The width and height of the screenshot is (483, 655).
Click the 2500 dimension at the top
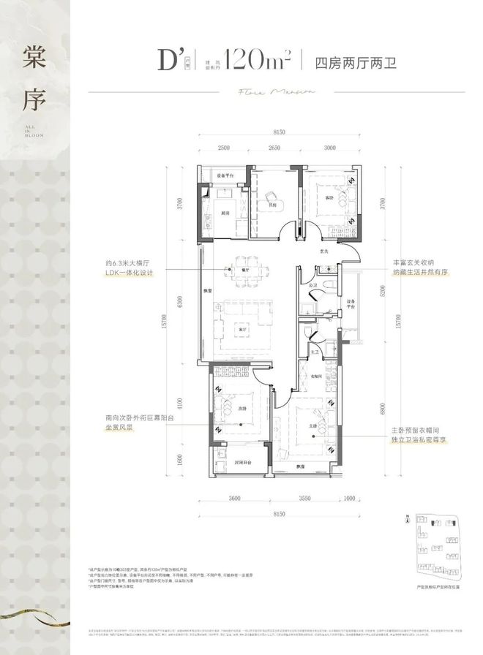coord(223,148)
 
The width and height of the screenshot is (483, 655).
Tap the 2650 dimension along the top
coord(274,148)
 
